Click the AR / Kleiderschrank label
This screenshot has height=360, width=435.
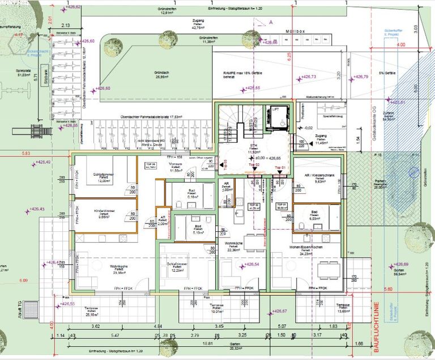[317, 180]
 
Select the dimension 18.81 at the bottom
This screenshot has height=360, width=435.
[209, 343]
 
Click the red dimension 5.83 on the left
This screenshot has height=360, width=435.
[26, 154]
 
